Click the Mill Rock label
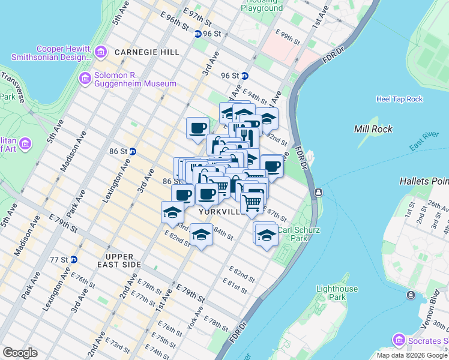point(373,129)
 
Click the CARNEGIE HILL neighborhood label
point(148,52)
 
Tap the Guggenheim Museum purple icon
point(85,79)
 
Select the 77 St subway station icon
point(73,259)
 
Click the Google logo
point(20,353)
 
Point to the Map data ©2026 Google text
point(412,355)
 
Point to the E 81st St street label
point(235,286)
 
